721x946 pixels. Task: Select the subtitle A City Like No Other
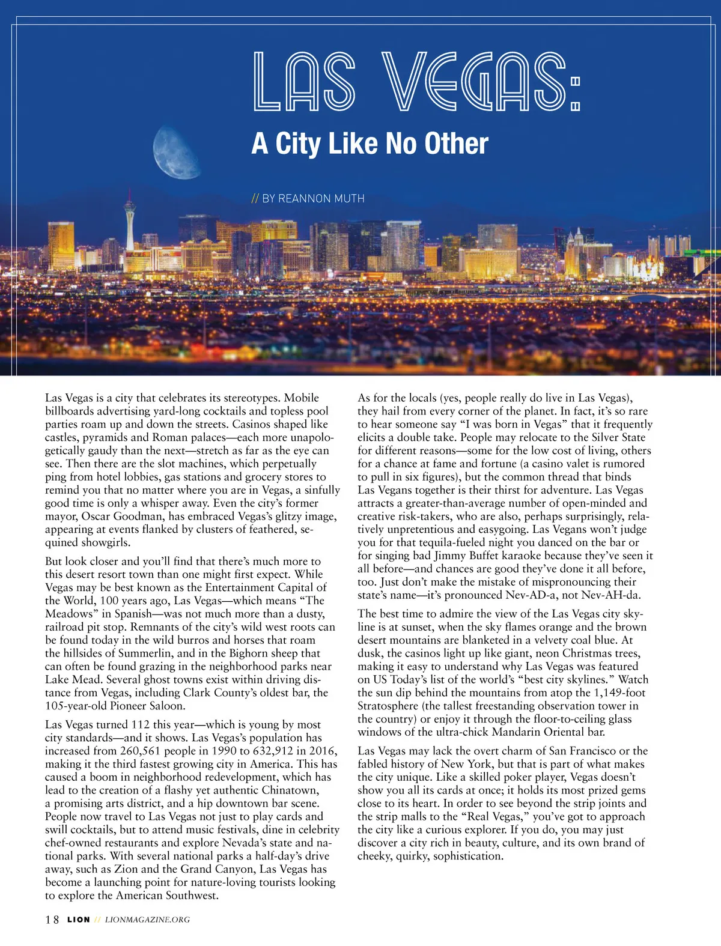coord(370,144)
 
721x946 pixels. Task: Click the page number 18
coord(52,920)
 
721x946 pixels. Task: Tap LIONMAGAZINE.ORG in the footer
coord(147,920)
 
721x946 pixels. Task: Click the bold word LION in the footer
coord(79,920)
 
